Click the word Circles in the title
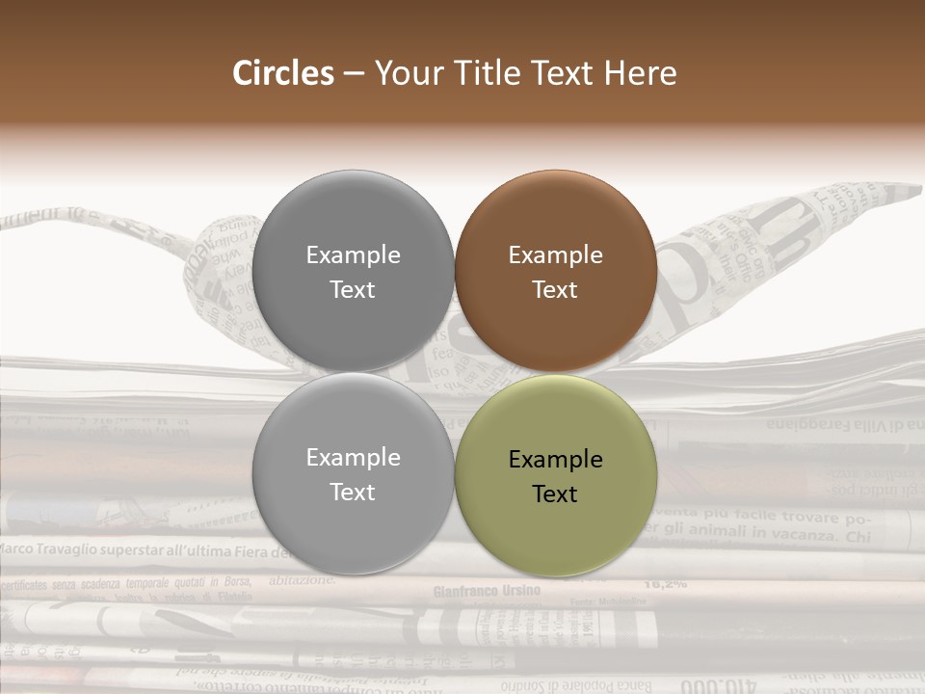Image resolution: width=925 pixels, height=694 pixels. (x=283, y=73)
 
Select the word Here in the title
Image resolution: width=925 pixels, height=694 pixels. (x=641, y=73)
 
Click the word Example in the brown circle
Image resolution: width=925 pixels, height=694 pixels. (x=555, y=255)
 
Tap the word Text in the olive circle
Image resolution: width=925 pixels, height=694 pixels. (x=555, y=494)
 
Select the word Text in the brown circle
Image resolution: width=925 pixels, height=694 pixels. (x=555, y=290)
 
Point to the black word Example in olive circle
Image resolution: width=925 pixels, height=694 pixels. (x=555, y=460)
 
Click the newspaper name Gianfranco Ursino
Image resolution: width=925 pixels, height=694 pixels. (x=487, y=591)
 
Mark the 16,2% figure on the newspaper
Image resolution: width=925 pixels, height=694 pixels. (x=664, y=583)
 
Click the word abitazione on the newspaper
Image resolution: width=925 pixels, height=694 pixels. (x=303, y=580)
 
